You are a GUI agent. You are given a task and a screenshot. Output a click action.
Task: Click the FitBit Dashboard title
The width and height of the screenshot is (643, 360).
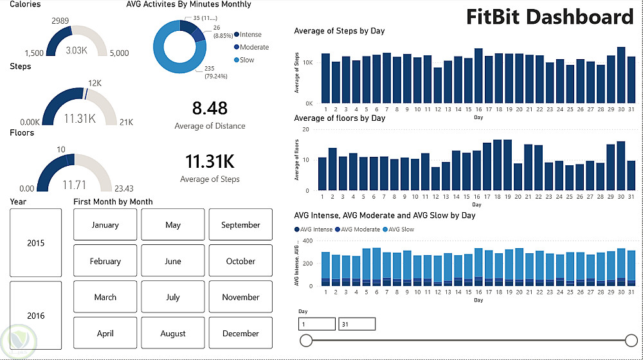point(550,16)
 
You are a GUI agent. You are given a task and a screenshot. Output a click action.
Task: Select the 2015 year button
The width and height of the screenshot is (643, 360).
point(36,243)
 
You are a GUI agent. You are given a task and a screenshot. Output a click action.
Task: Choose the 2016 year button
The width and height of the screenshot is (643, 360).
point(36,316)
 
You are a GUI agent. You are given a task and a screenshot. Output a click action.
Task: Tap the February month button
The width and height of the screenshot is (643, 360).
point(105,261)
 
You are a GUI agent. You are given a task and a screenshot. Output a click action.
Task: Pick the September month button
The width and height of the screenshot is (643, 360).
point(240,225)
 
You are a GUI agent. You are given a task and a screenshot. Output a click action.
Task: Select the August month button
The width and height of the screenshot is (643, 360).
point(173,334)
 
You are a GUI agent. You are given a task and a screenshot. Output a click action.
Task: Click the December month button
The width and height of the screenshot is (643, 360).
point(240,334)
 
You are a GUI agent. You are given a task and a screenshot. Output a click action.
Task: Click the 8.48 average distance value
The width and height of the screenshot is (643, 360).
point(210,108)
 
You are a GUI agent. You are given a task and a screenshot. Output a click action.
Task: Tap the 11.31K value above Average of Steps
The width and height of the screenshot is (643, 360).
point(210,161)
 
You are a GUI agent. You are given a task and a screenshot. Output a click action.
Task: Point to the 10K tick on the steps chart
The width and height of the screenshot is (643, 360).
point(308,62)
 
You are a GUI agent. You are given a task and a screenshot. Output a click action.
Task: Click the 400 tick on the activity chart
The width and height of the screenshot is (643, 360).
point(307,241)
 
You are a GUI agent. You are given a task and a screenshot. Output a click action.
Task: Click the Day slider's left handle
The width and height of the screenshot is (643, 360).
point(307,340)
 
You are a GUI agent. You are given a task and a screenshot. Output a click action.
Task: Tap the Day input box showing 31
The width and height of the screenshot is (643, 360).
point(357,324)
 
